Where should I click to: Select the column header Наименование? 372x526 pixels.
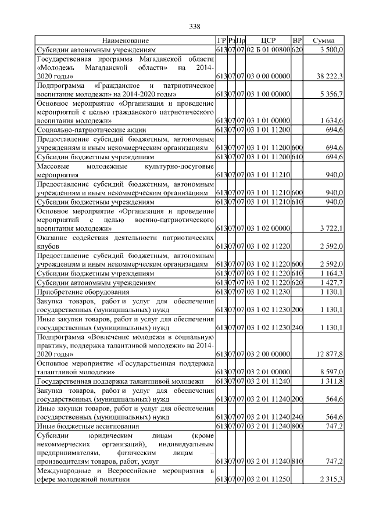(x=126, y=41)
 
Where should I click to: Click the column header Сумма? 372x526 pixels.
(x=323, y=41)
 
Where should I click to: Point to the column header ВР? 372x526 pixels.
(x=297, y=41)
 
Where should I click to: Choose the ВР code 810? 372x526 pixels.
(x=297, y=461)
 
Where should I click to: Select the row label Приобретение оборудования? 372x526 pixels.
(x=83, y=291)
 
